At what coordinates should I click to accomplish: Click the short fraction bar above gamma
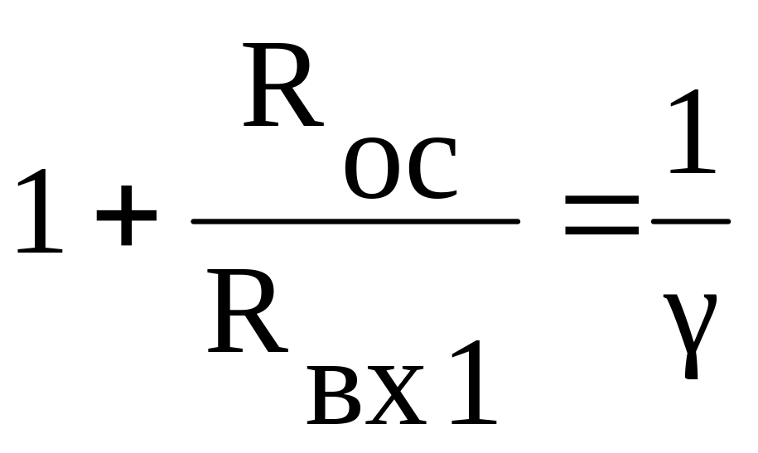(691, 222)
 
